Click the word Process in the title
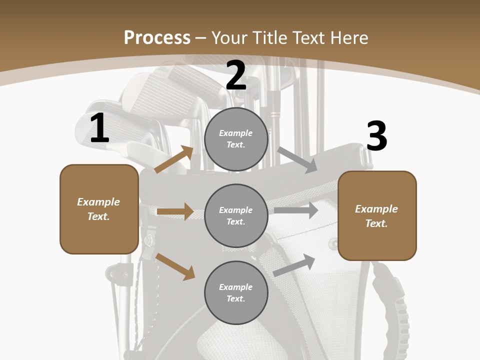pos(157,38)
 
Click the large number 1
pos(99,128)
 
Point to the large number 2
pos(236,75)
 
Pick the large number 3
pos(376,136)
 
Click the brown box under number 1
pos(99,209)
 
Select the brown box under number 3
pos(377,215)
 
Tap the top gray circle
pos(236,139)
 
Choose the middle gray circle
pos(236,215)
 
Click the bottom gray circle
pos(236,292)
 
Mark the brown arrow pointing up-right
pos(173,159)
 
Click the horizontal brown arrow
pos(174,211)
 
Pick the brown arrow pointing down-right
pos(175,266)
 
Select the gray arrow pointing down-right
pos(297,160)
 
